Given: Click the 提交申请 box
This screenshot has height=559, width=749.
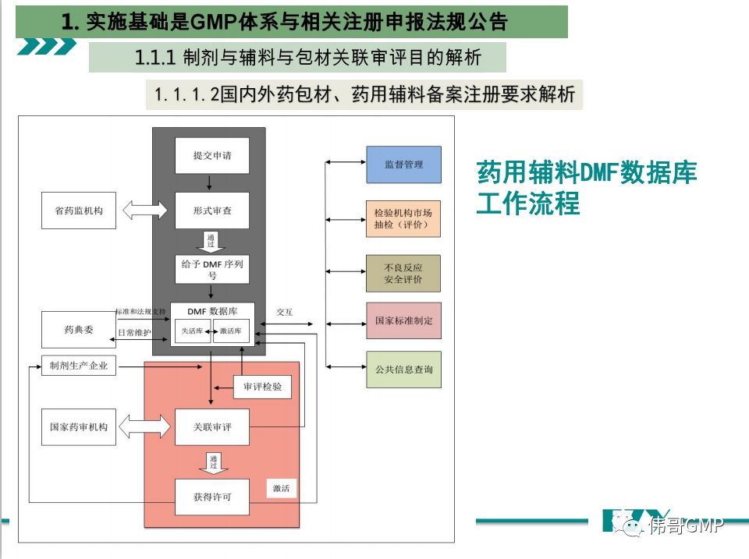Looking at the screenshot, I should click(x=212, y=156).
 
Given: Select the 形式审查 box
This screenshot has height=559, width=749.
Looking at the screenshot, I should click(x=212, y=211).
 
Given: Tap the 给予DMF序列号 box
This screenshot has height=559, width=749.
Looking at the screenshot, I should click(x=212, y=269).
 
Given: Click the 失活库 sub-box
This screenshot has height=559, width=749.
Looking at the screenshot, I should click(x=192, y=331).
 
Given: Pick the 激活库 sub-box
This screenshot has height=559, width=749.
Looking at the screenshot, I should click(x=231, y=331).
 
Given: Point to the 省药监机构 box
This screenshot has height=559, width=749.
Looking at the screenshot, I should click(x=78, y=211).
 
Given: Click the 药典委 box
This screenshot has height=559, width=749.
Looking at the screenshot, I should click(x=78, y=329).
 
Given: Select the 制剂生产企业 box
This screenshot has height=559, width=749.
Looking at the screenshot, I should click(x=78, y=365).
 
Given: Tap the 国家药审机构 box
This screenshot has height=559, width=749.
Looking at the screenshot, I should click(x=78, y=427).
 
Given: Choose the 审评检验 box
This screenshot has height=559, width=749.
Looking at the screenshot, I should click(x=262, y=387).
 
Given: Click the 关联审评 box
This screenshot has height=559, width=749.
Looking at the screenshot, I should click(x=212, y=427).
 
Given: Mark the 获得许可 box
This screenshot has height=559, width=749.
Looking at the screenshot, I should click(x=212, y=497).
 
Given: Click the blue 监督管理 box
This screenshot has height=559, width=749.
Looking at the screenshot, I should click(x=403, y=165).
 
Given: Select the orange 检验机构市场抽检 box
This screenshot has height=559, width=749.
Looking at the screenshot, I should click(x=403, y=218).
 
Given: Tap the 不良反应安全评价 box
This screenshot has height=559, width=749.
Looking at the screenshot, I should click(x=403, y=273).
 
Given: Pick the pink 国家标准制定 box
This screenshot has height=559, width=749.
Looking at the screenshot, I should click(x=403, y=320).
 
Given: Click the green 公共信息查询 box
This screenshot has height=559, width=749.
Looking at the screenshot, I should click(x=403, y=370).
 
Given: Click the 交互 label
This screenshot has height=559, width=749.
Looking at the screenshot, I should click(x=284, y=312).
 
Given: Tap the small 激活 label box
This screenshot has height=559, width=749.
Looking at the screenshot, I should click(x=281, y=489).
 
